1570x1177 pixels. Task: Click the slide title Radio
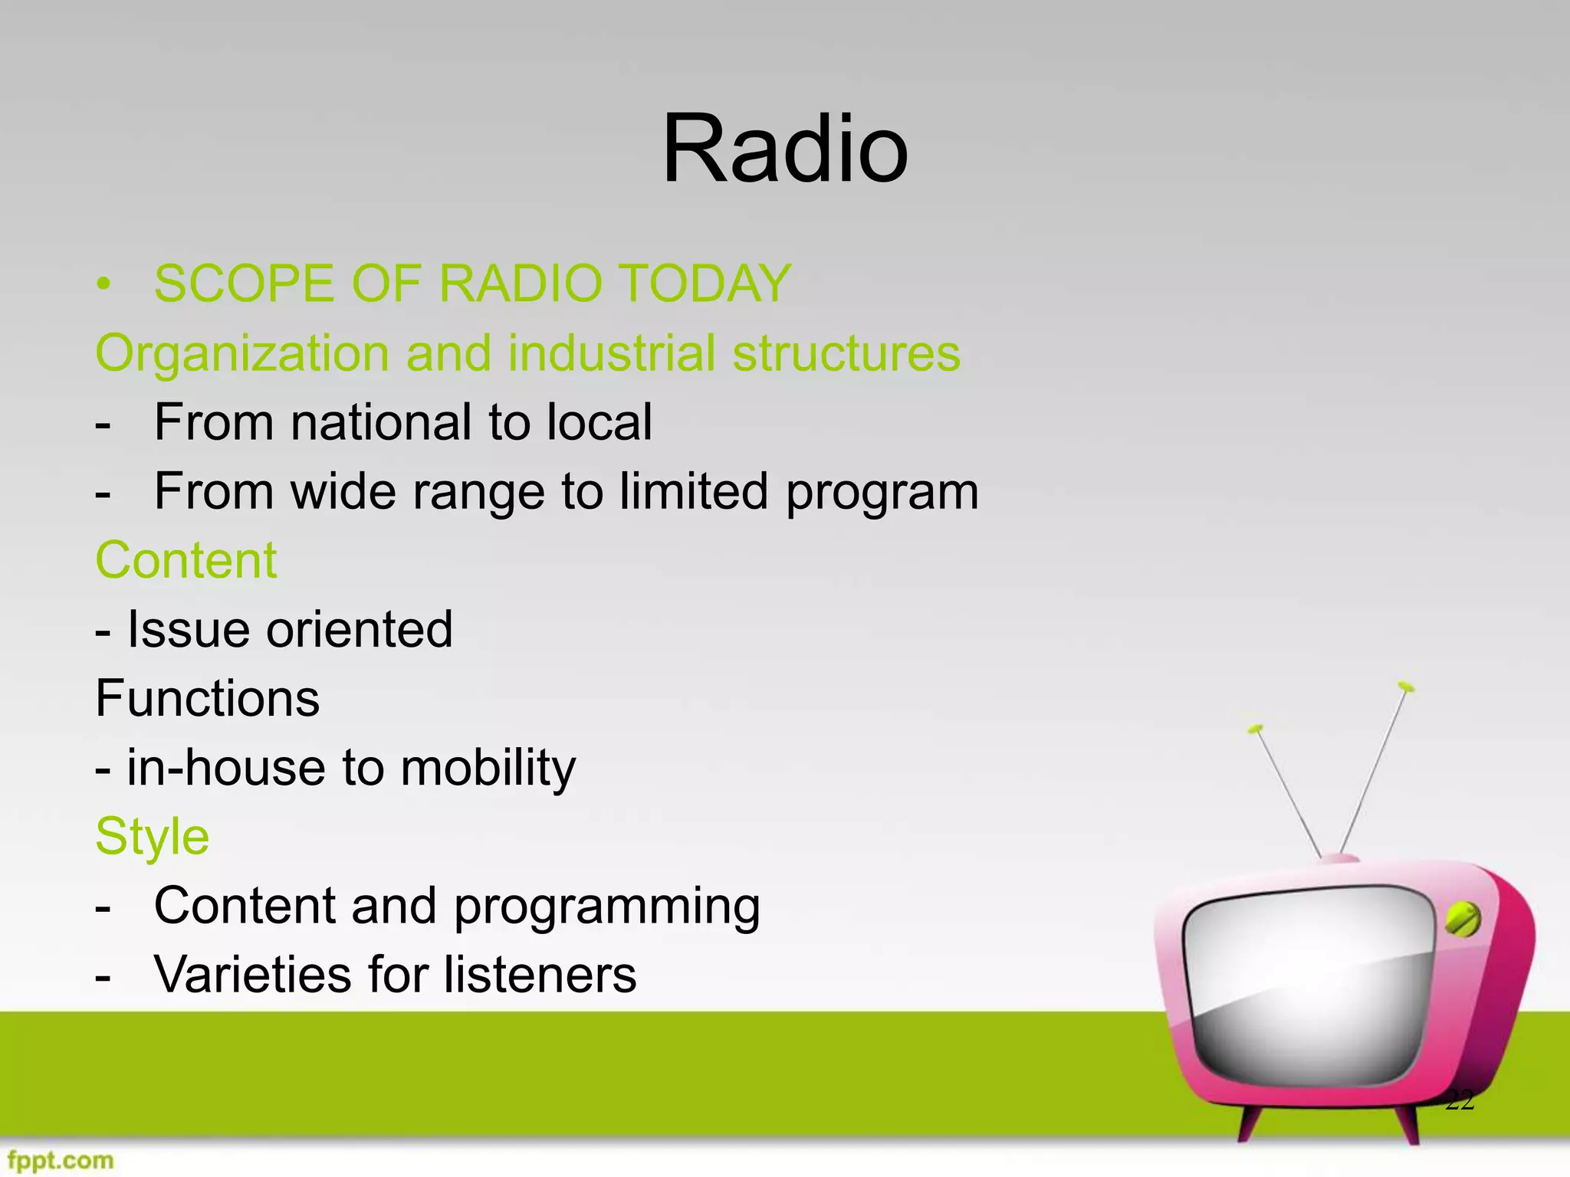click(784, 149)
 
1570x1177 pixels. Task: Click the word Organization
click(242, 354)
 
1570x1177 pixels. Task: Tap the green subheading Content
click(186, 560)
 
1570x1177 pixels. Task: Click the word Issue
click(189, 629)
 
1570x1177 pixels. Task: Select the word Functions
click(207, 699)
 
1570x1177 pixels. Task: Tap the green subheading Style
click(152, 837)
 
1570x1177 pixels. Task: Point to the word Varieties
click(253, 975)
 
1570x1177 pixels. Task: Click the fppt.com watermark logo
click(61, 1159)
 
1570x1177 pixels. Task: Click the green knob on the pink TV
click(1462, 920)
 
